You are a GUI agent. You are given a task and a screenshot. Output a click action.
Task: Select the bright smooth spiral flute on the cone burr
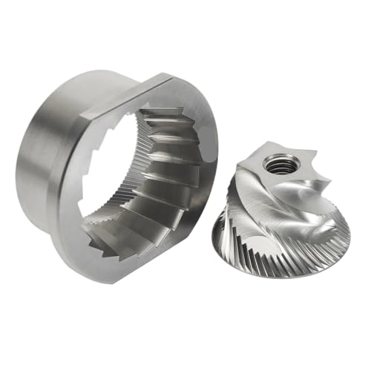click(312, 223)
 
